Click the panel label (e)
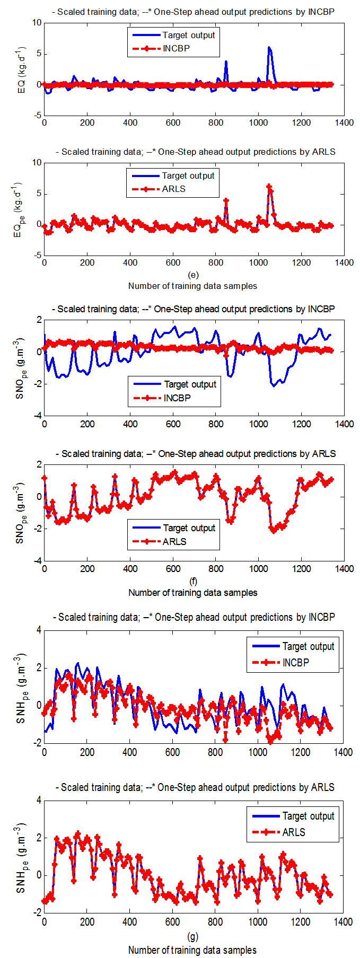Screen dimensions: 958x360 (x=193, y=275)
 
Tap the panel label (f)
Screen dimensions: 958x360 (x=193, y=582)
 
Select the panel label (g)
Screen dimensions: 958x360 (x=193, y=937)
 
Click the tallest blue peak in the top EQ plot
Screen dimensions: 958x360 (x=269, y=48)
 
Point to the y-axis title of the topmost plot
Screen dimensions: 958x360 (x=22, y=69)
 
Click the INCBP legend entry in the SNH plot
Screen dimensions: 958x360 (x=295, y=662)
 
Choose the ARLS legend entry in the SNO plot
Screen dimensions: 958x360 (x=174, y=541)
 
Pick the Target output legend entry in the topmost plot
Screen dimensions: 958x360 (x=188, y=35)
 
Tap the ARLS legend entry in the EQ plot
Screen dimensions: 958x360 (x=173, y=189)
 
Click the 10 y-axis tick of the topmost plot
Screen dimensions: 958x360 (x=37, y=23)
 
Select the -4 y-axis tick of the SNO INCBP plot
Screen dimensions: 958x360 (x=37, y=416)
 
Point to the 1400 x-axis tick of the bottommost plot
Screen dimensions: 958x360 (x=343, y=922)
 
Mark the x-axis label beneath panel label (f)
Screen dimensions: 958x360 (x=193, y=592)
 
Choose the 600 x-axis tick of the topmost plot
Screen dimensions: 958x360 (x=173, y=122)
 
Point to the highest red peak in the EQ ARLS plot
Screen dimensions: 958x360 (x=269, y=187)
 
